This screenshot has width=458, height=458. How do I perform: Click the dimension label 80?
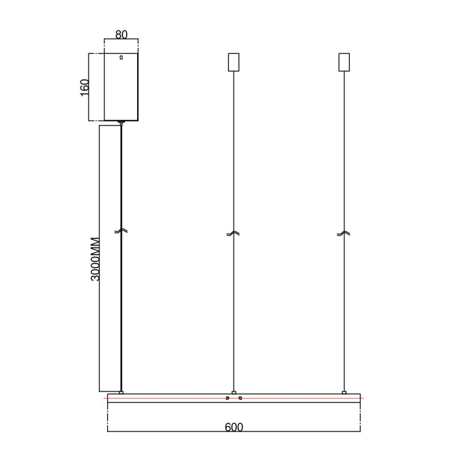coord(121,35)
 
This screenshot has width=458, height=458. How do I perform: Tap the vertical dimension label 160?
coord(84,87)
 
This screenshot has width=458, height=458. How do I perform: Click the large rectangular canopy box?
coord(121,88)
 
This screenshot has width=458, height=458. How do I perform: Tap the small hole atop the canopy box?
coord(121,58)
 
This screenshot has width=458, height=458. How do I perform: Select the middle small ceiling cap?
coord(233,62)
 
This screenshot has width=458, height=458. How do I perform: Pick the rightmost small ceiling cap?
coord(344,62)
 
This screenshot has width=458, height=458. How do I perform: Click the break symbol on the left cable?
coord(121,232)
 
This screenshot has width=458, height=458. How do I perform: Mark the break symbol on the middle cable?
coord(233,233)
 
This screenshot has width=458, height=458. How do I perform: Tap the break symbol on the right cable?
coord(344,233)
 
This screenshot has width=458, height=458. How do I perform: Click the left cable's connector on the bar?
coord(121,392)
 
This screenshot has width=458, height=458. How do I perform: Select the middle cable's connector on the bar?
coord(234,392)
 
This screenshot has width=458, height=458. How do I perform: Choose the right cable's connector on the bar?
coord(345,392)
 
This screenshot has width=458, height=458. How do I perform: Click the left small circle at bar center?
coord(227,398)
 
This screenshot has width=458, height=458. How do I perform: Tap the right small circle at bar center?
coord(240,398)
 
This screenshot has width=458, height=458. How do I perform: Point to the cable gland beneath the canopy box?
coord(121,122)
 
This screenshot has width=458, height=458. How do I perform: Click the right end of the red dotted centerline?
coord(363,398)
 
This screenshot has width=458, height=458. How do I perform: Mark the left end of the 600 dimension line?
coord(108,432)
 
